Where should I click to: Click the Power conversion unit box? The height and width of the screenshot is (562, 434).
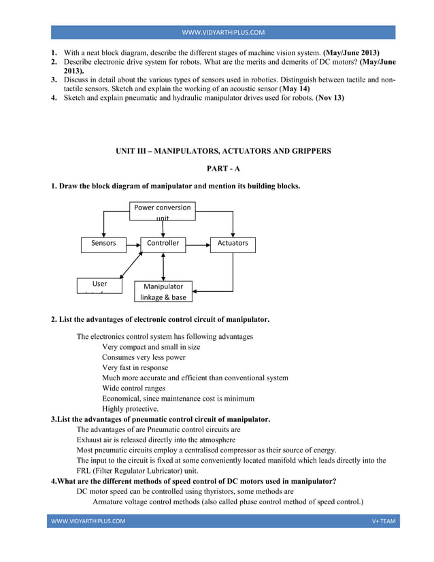pyautogui.click(x=163, y=211)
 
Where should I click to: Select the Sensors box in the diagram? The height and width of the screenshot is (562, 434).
pyautogui.click(x=103, y=244)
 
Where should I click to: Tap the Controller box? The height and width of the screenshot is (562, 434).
pyautogui.click(x=163, y=244)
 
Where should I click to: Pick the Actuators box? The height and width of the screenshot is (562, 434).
pyautogui.click(x=233, y=244)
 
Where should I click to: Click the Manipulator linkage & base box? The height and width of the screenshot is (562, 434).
pyautogui.click(x=163, y=292)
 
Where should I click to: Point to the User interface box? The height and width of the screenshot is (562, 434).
pyautogui.click(x=99, y=286)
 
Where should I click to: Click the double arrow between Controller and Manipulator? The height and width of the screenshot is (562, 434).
pyautogui.click(x=163, y=267)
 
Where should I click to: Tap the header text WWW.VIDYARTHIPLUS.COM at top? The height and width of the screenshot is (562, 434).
pyautogui.click(x=224, y=33)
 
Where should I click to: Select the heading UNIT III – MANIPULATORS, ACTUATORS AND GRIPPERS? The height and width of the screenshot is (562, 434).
pyautogui.click(x=224, y=151)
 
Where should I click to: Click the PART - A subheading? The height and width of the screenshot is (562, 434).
pyautogui.click(x=224, y=169)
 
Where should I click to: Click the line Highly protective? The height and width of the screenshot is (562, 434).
pyautogui.click(x=130, y=409)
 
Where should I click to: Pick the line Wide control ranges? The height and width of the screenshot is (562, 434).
pyautogui.click(x=134, y=389)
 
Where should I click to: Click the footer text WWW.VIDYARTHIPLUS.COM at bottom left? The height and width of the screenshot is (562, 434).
pyautogui.click(x=88, y=521)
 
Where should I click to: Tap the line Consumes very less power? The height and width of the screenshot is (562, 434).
pyautogui.click(x=144, y=357)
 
